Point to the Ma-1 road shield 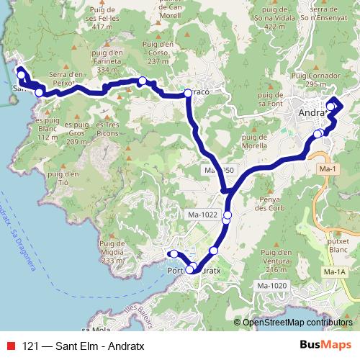[x=328, y=168]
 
